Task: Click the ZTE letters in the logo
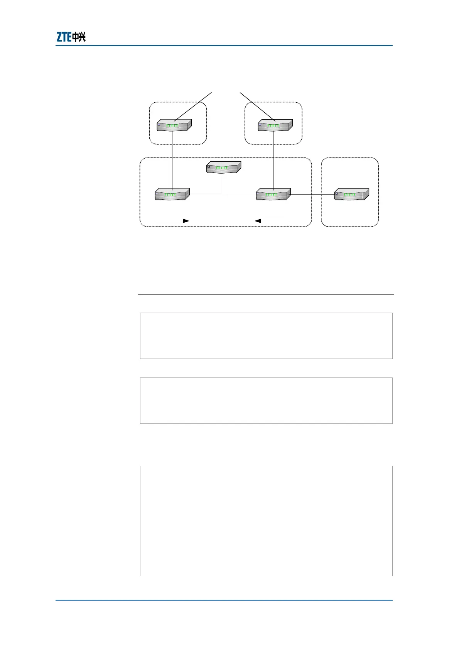point(64,37)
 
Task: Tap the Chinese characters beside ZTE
point(79,37)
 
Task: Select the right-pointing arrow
point(172,221)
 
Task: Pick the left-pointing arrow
point(272,221)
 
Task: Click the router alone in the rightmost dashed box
point(351,194)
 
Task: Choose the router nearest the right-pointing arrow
point(172,194)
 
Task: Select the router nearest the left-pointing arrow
point(273,194)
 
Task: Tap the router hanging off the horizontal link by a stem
point(223,167)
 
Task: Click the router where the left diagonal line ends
point(174,125)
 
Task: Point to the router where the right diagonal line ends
point(275,125)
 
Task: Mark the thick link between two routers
point(312,194)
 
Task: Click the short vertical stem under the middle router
point(222,183)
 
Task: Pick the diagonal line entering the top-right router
point(256,106)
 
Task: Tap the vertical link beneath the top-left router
point(172,160)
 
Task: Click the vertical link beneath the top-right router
point(273,160)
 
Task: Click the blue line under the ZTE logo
point(224,46)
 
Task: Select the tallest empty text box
point(266,521)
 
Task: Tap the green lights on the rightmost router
point(350,195)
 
